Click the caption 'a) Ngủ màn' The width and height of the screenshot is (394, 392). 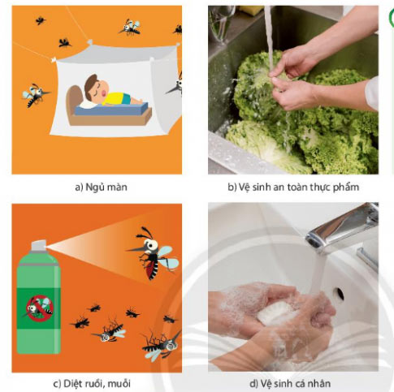(101, 187)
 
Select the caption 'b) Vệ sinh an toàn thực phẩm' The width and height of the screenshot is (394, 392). (293, 187)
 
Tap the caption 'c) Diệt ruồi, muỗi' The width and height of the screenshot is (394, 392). (92, 384)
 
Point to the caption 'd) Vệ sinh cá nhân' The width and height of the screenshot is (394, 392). (290, 384)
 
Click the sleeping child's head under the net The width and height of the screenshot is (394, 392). (95, 88)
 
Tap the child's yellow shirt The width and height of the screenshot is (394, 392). (116, 98)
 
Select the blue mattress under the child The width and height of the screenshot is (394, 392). (111, 109)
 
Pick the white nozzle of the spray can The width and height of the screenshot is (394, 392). (39, 245)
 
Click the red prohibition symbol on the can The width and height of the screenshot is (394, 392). (40, 308)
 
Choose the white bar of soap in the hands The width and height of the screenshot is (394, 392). (274, 313)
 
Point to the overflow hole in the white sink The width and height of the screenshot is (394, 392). (338, 295)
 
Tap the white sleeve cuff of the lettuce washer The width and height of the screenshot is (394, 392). (372, 93)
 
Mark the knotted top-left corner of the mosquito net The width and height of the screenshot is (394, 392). (54, 59)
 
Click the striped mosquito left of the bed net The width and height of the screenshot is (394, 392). (35, 95)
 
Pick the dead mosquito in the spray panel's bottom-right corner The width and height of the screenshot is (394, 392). (162, 344)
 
